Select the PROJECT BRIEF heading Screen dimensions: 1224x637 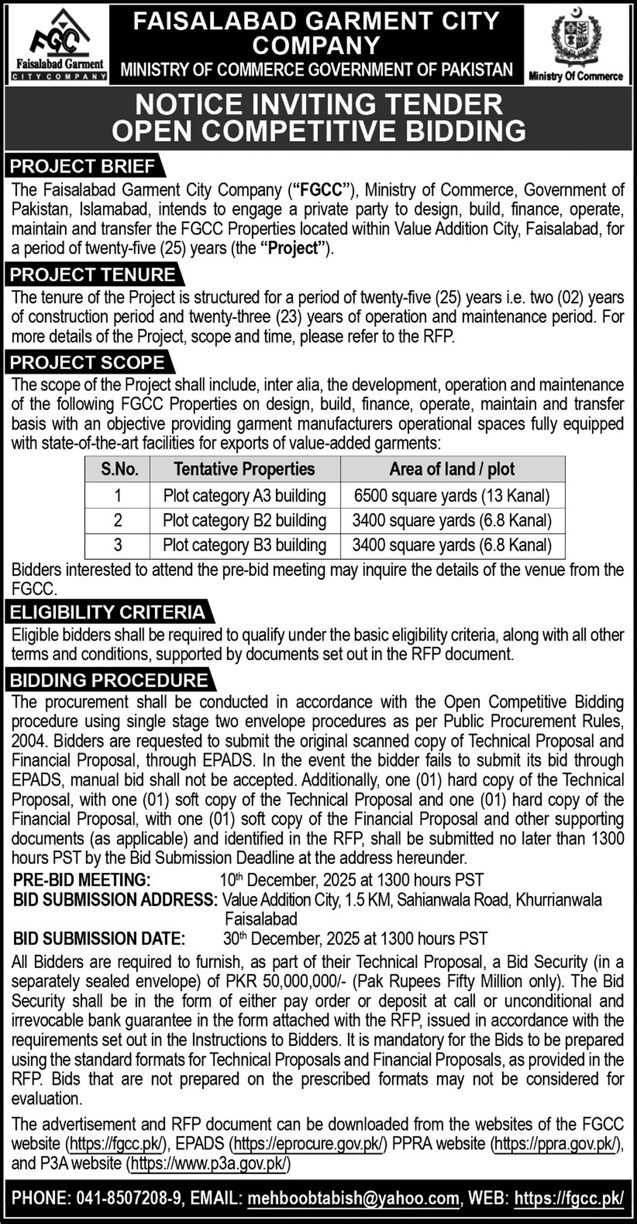83,167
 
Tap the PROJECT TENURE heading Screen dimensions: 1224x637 93,275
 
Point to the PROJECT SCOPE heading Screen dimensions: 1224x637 87,363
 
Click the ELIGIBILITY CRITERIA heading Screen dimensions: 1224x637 108,612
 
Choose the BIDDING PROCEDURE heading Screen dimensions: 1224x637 109,680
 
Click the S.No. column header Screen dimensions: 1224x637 117,469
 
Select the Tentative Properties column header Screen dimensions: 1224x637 244,469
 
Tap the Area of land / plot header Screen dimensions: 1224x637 452,469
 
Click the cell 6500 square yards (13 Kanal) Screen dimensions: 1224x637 452,496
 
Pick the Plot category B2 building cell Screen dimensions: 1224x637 244,521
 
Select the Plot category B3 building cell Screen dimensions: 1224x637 244,545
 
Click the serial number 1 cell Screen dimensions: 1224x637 117,496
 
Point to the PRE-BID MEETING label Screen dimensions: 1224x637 82,880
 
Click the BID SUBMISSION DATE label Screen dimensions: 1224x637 99,938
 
